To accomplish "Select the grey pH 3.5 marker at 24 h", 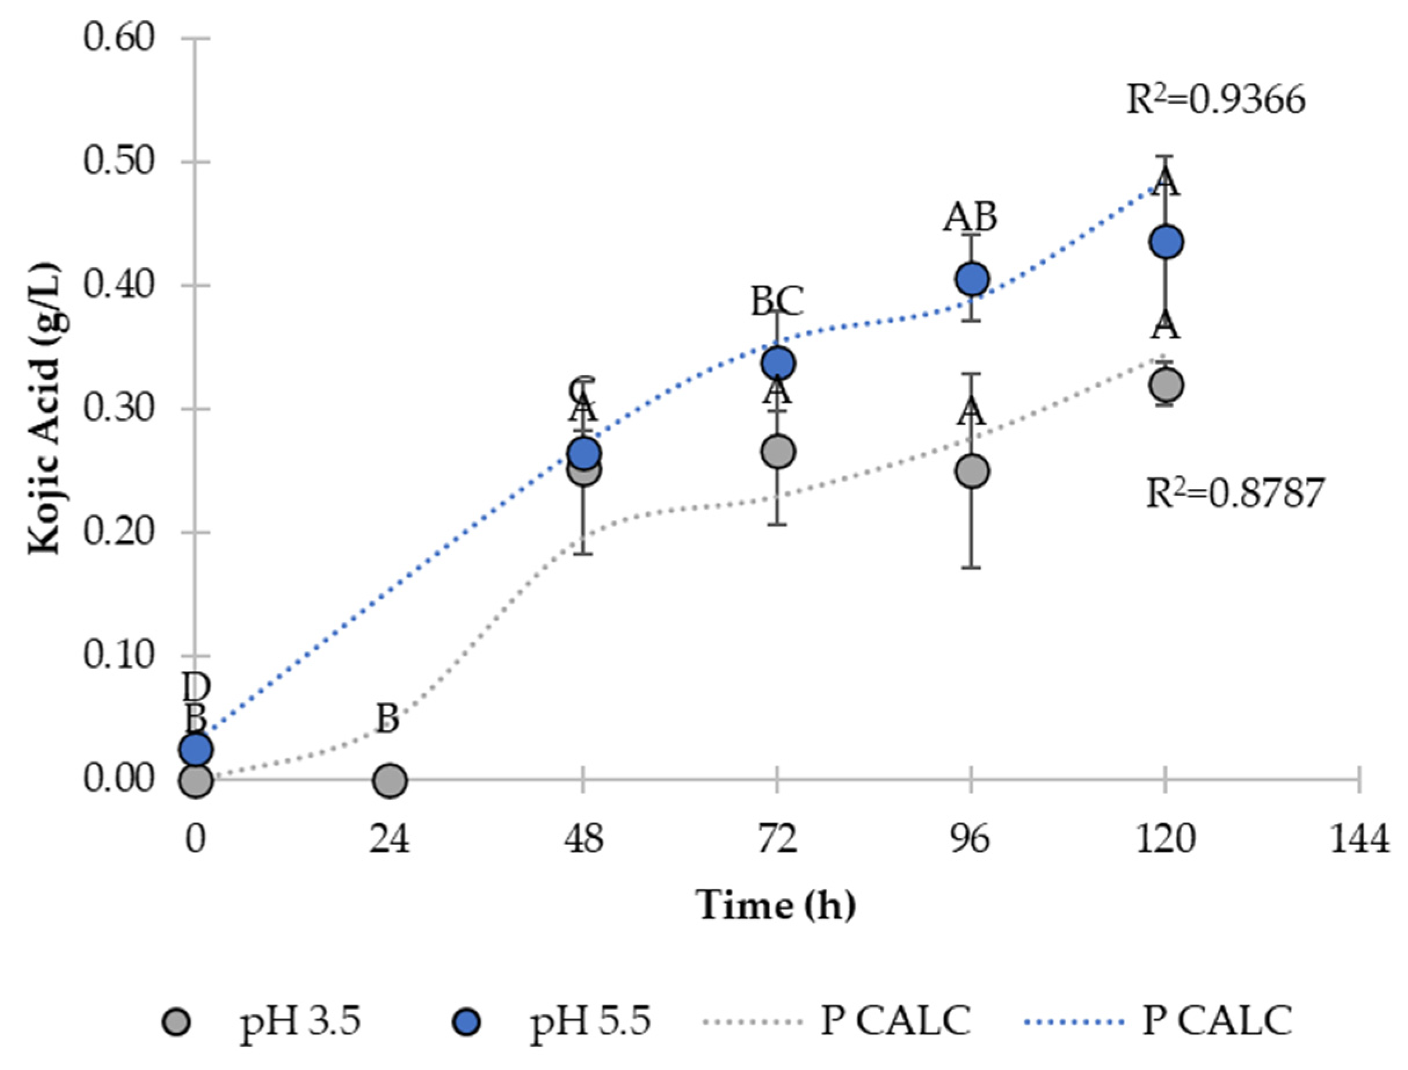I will coord(390,779).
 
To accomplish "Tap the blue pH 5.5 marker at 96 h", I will coord(972,278).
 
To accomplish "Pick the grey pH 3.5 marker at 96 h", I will coord(972,471).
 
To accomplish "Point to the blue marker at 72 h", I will coord(778,364).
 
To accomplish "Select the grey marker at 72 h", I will coord(778,452).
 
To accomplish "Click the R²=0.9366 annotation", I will coord(1215,100).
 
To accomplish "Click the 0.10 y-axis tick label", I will coord(119,655).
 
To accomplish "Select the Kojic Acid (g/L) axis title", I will coord(45,408).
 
